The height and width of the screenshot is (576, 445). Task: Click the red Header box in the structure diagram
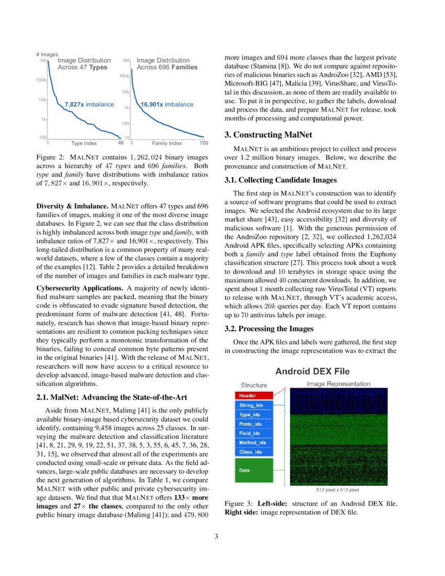254,395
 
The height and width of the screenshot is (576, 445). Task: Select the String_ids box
254,405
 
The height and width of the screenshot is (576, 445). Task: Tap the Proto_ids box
254,424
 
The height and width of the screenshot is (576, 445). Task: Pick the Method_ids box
254,442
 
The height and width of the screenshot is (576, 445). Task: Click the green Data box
254,470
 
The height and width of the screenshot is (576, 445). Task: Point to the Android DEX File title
313,371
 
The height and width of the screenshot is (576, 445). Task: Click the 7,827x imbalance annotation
89,105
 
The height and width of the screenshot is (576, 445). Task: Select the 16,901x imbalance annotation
167,105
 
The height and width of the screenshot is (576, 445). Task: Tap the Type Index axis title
84,143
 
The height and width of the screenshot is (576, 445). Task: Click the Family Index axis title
167,143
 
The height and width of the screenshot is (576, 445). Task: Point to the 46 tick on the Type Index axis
120,142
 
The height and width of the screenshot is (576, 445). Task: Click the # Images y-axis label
47,54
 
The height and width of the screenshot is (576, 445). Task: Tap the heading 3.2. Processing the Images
269,328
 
